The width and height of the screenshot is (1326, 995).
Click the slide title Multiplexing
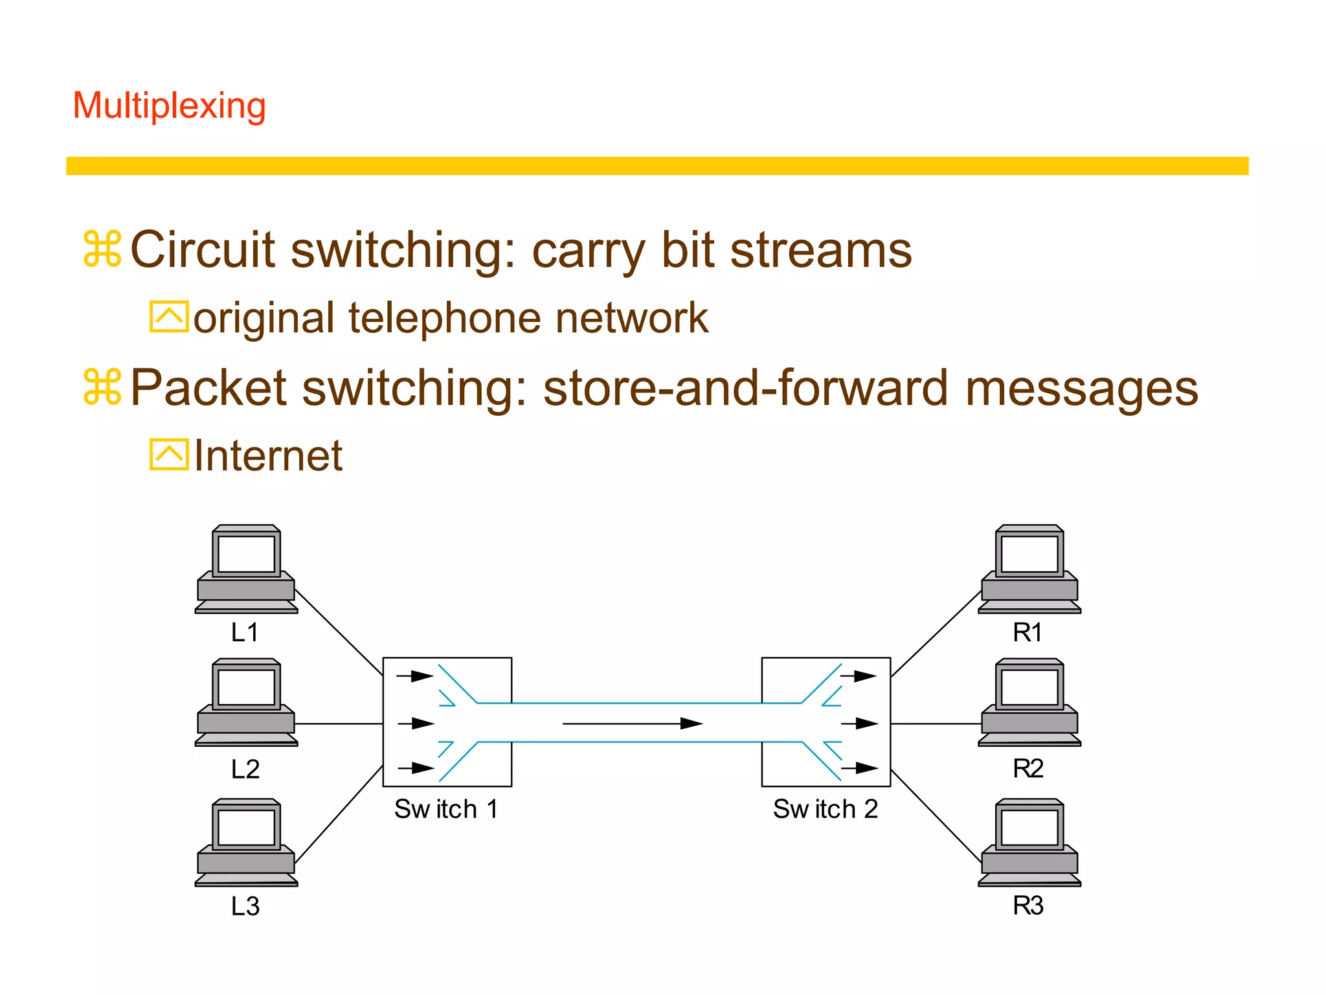click(169, 106)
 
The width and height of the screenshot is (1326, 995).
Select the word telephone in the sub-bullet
click(444, 318)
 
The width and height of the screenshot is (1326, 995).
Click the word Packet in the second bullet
click(208, 388)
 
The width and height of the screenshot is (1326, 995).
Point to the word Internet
click(267, 456)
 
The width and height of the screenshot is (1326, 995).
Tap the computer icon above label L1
click(246, 569)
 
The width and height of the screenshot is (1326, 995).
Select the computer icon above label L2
click(246, 703)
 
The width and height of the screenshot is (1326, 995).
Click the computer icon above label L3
click(246, 842)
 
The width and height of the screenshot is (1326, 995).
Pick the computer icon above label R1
click(1029, 569)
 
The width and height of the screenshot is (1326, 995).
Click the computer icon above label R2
click(1029, 703)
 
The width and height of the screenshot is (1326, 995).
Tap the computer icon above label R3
click(1029, 842)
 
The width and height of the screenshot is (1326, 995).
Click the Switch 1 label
click(446, 809)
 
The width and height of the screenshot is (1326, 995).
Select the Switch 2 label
click(825, 809)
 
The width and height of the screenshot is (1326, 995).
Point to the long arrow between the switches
click(633, 724)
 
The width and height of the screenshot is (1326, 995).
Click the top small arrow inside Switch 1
click(415, 676)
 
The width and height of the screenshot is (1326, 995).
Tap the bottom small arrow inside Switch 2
click(859, 769)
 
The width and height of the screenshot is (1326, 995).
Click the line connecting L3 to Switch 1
click(338, 815)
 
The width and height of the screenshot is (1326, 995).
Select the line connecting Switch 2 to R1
click(936, 634)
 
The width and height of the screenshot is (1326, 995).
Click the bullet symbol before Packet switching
click(102, 387)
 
